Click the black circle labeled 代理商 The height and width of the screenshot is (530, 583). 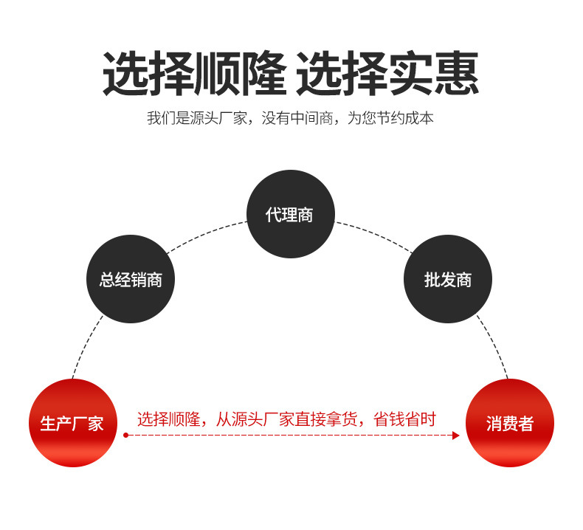[x=290, y=214]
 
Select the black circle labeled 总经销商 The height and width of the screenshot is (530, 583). [x=131, y=280]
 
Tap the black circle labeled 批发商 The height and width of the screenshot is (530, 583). [x=448, y=280]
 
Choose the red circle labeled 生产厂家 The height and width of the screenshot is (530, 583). [x=72, y=423]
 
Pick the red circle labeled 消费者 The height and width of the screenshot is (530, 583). [x=509, y=423]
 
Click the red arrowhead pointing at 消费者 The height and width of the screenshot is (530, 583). [x=456, y=436]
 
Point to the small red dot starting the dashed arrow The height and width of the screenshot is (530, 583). [x=125, y=436]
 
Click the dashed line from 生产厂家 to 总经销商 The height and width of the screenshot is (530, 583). [x=86, y=346]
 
